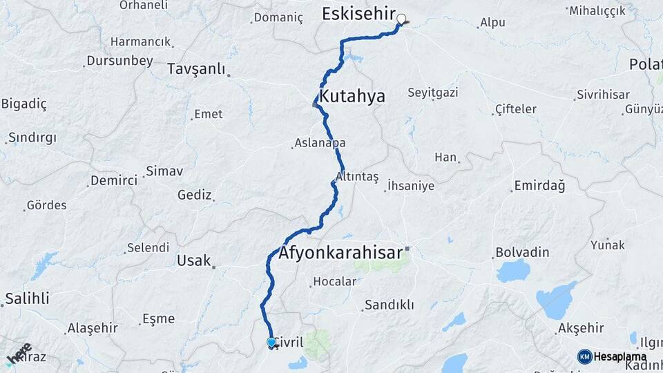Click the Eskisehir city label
coord(358,15)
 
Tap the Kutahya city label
coord(352,96)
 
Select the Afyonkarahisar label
coord(340,253)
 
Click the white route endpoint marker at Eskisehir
coord(401,19)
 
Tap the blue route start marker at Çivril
coord(271,342)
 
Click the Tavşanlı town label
coord(196,69)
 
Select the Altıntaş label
coord(357,177)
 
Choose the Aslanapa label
coord(320,143)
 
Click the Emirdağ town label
coord(539,186)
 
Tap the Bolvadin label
coord(522,252)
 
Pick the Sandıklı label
coord(389,305)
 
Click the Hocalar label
coord(334,281)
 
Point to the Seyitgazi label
coord(433,93)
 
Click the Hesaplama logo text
coord(620,356)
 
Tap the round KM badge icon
coord(584,356)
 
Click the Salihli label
coord(27,298)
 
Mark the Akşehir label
coord(581,328)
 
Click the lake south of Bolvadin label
coord(513,271)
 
